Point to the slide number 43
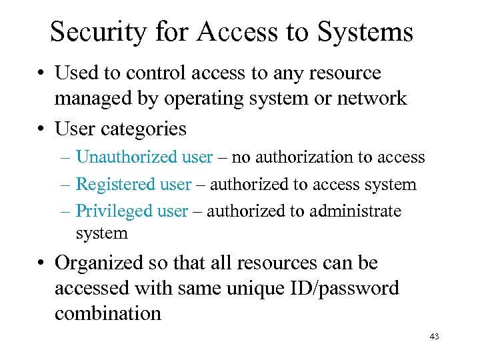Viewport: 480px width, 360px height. point(434,337)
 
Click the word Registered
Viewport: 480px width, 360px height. point(108,184)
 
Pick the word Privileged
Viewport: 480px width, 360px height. point(105,211)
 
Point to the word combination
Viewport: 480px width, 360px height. point(108,313)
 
